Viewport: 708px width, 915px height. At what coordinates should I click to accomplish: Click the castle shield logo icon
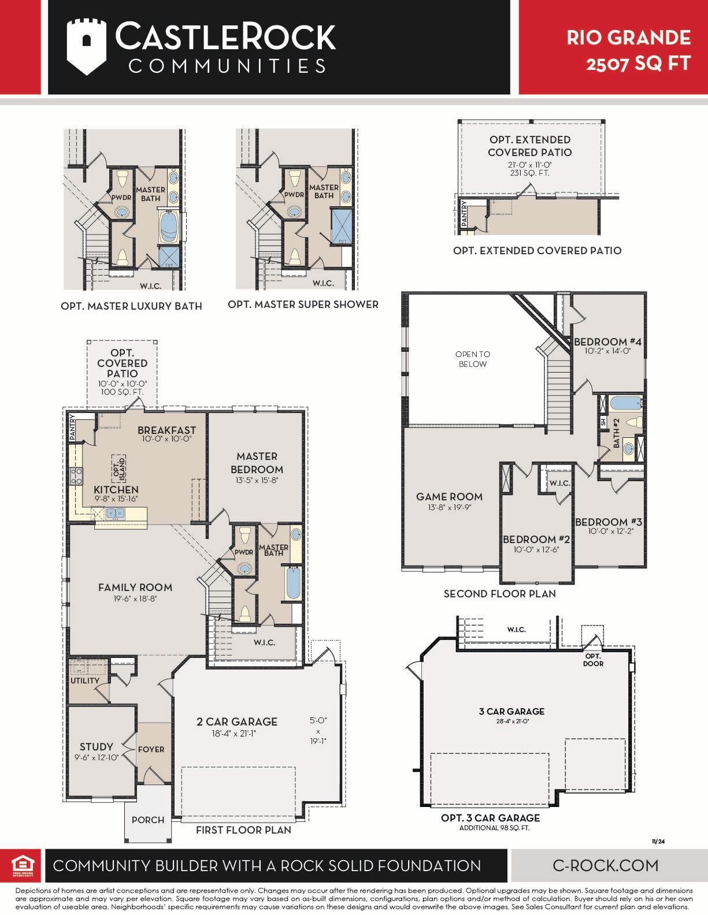pyautogui.click(x=86, y=47)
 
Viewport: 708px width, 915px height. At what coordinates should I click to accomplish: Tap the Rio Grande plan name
pyautogui.click(x=628, y=38)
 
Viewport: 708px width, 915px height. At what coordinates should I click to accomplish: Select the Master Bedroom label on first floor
pyautogui.click(x=257, y=463)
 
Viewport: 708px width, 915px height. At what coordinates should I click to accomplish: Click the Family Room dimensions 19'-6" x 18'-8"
pyautogui.click(x=135, y=598)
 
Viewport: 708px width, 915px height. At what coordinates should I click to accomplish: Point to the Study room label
pyautogui.click(x=97, y=746)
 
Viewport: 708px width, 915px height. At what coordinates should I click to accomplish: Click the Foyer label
pyautogui.click(x=151, y=750)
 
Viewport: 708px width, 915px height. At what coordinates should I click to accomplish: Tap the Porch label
pyautogui.click(x=148, y=820)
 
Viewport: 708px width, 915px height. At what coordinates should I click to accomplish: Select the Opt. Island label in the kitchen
pyautogui.click(x=119, y=468)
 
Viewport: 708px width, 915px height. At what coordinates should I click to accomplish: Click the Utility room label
pyautogui.click(x=85, y=680)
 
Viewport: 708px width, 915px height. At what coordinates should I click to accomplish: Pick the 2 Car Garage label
pyautogui.click(x=237, y=721)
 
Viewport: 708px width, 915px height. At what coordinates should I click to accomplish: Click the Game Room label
pyautogui.click(x=450, y=496)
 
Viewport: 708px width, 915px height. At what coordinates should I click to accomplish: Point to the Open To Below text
pyautogui.click(x=473, y=359)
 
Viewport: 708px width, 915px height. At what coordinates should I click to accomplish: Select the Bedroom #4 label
pyautogui.click(x=608, y=341)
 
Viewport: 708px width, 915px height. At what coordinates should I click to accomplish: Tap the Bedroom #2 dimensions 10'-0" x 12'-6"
pyautogui.click(x=536, y=549)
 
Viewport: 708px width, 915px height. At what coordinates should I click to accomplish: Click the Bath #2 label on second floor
pyautogui.click(x=616, y=433)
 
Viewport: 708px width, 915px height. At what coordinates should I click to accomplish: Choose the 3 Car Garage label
pyautogui.click(x=511, y=711)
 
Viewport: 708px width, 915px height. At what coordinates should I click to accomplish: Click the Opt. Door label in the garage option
pyautogui.click(x=593, y=660)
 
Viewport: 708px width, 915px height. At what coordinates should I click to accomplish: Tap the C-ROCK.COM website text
pyautogui.click(x=605, y=865)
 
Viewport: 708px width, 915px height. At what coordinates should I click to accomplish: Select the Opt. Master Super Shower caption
pyautogui.click(x=303, y=304)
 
